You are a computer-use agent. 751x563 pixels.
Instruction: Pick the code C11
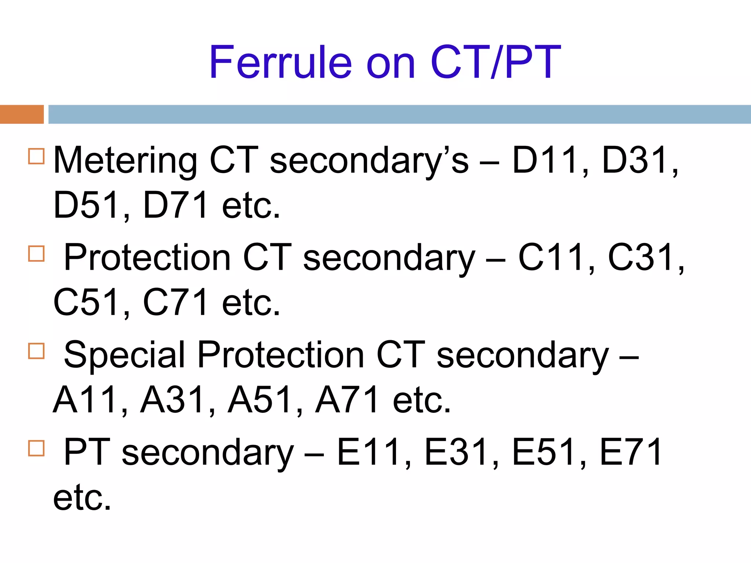tap(552, 258)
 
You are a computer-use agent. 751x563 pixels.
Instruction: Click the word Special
tap(125, 355)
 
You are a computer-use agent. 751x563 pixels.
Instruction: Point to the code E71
tap(631, 452)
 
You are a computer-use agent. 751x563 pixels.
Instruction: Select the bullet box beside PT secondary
tap(36, 448)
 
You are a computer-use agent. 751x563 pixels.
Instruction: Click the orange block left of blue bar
tap(22, 114)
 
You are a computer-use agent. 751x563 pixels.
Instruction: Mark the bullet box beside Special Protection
tap(36, 350)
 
